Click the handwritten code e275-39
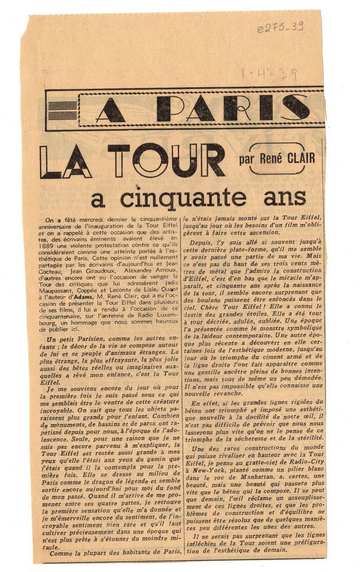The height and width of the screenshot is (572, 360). (280, 26)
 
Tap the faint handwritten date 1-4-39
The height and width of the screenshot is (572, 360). (269, 74)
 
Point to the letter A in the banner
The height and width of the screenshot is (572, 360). (111, 111)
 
